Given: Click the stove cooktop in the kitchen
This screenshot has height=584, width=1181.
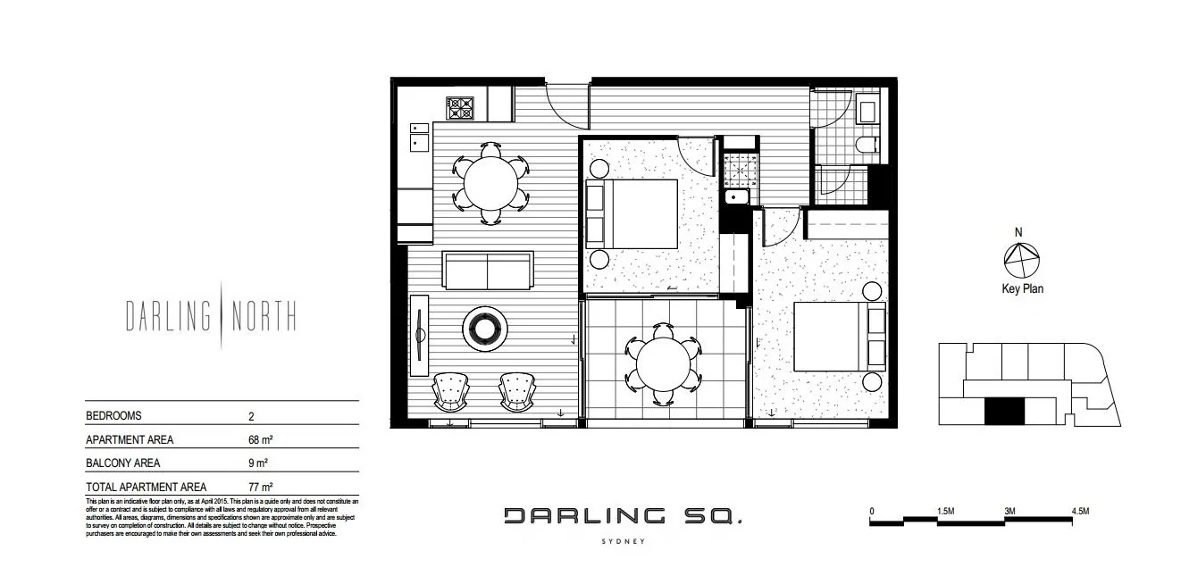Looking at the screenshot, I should (460, 108).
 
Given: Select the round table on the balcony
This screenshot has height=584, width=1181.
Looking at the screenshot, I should (665, 364).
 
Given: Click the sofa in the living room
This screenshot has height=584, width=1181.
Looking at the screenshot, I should (489, 270).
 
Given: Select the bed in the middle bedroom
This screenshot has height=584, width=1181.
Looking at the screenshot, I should (632, 213).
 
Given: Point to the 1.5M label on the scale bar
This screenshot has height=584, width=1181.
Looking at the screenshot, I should (946, 512).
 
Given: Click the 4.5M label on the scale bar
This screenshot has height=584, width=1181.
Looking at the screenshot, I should (1079, 512).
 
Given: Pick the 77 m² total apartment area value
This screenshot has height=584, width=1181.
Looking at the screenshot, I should (259, 488).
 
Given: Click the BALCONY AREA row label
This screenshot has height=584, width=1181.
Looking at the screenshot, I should (130, 463).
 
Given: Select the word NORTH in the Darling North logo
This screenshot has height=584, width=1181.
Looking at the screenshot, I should (264, 316).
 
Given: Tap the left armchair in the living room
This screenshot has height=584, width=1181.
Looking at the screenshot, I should (450, 390).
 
